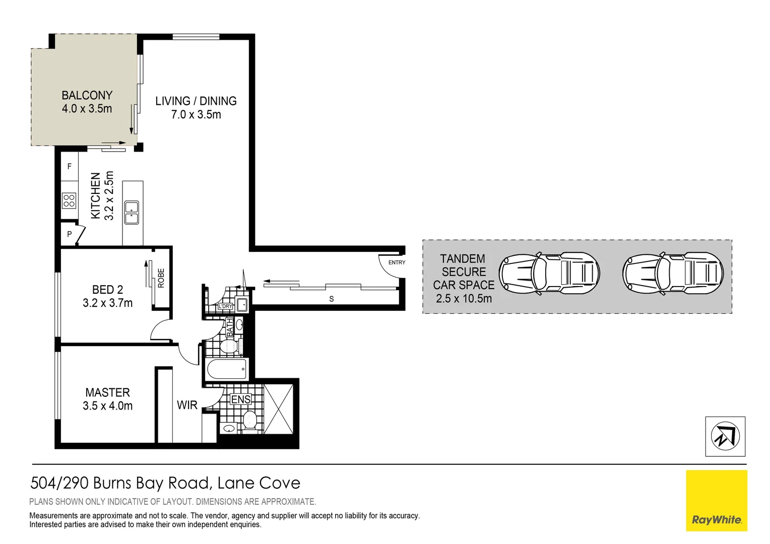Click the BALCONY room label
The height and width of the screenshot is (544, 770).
coord(87,95)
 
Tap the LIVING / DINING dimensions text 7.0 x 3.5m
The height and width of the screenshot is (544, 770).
coord(196,115)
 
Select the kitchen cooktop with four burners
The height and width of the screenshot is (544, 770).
coord(69,200)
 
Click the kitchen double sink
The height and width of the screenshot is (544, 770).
coord(132,213)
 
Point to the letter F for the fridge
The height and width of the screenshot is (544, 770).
coord(70,166)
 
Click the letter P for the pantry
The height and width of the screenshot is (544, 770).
coord(70,234)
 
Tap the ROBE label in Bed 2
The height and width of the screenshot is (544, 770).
coord(161,278)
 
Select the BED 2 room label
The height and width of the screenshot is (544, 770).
coord(107,290)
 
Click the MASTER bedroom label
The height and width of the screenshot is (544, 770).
coord(107,392)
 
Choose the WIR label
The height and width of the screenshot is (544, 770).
coord(187,405)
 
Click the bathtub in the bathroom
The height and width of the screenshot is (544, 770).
coord(227,369)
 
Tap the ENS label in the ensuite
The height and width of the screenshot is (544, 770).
coord(240,399)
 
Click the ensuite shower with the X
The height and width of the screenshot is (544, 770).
coord(278,409)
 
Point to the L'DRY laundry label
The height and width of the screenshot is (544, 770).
coord(225,306)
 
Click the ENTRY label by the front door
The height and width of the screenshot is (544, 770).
coord(397,262)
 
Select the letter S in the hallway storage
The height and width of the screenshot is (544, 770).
coord(332,299)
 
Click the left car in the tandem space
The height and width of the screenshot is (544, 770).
coord(549,274)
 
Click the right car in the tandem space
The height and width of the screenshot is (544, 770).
coord(673,274)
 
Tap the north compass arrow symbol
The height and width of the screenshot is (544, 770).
coord(725,436)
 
